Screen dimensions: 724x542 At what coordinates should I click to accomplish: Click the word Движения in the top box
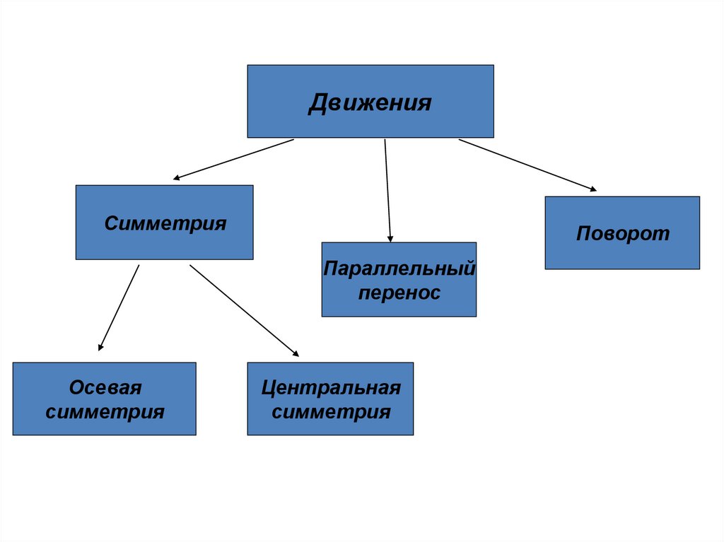pos(370,104)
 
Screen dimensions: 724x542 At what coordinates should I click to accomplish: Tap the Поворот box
pos(622,233)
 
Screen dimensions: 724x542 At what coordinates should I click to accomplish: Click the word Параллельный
pos(399,269)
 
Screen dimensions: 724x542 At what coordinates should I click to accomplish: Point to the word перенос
pos(399,293)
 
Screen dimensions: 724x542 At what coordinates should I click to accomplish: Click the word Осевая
pos(105,388)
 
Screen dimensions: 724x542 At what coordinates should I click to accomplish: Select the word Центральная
pos(330,388)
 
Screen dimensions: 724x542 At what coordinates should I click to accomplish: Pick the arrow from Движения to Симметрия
pos(233,159)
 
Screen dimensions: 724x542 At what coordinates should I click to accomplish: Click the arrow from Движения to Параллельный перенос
pos(387,191)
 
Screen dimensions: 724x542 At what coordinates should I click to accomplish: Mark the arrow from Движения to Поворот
pos(527,165)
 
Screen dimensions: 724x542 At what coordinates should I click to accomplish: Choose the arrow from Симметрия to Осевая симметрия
pos(119,307)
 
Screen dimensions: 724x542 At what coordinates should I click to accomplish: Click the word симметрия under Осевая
pos(105,412)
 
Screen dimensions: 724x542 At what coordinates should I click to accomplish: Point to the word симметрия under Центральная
pos(330,412)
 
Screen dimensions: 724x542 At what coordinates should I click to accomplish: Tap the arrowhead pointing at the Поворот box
pos(592,189)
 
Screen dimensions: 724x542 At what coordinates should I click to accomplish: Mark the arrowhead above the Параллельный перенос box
pos(390,238)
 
